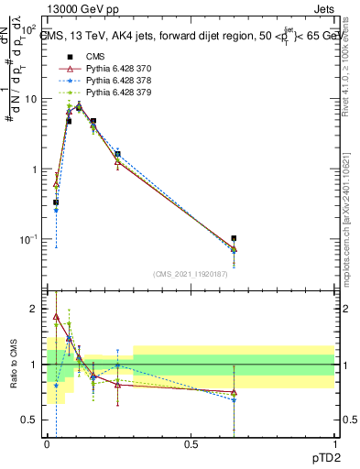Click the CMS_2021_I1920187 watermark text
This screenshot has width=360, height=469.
[x=191, y=274]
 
